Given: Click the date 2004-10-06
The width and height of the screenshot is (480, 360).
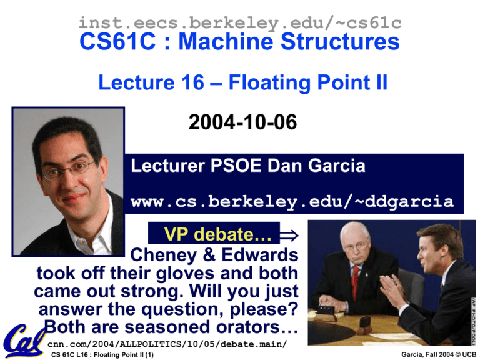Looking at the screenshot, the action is click(242, 122).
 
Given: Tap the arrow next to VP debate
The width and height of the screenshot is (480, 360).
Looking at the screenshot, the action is click(289, 235).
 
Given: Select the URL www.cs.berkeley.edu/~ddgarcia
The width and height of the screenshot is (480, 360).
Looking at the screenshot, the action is click(292, 202).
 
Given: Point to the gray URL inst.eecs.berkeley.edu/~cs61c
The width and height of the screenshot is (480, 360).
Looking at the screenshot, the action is click(240, 23).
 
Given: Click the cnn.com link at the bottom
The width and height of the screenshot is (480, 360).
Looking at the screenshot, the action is click(167, 344).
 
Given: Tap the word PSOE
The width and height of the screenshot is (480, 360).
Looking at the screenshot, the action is click(236, 166).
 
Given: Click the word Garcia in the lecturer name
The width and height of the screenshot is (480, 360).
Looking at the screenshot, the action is click(337, 166).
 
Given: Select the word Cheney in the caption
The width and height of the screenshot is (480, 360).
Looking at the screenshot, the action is click(163, 255).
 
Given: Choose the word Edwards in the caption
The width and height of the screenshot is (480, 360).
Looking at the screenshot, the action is click(260, 255).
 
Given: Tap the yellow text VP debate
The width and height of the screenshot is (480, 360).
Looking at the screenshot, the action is click(218, 234).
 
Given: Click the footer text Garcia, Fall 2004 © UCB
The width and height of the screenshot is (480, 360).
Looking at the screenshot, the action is click(439, 354).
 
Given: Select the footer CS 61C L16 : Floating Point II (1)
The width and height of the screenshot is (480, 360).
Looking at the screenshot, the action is click(102, 355).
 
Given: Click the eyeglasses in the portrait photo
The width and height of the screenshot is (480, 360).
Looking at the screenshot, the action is click(69, 170).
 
